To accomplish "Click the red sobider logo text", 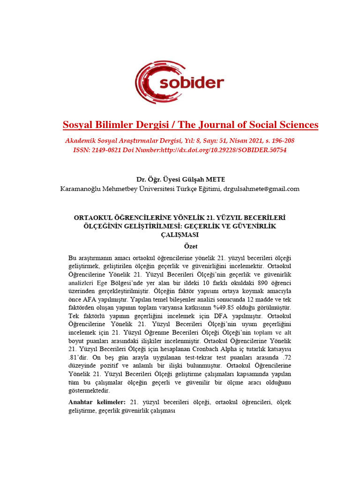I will point(193,83).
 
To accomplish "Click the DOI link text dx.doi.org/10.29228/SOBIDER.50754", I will point(237,150).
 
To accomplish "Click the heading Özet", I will point(190,246).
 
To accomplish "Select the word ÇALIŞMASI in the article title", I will point(180,235).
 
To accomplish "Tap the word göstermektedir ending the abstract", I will point(89,390).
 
